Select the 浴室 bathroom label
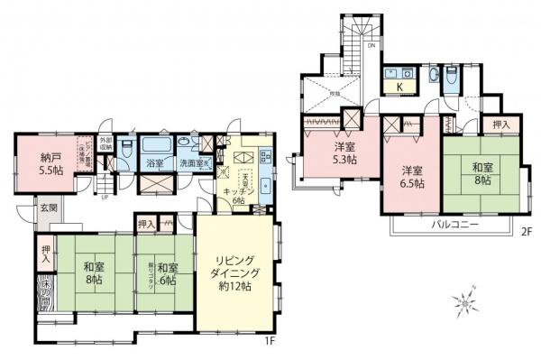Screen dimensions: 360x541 pyautogui.click(x=154, y=163)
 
